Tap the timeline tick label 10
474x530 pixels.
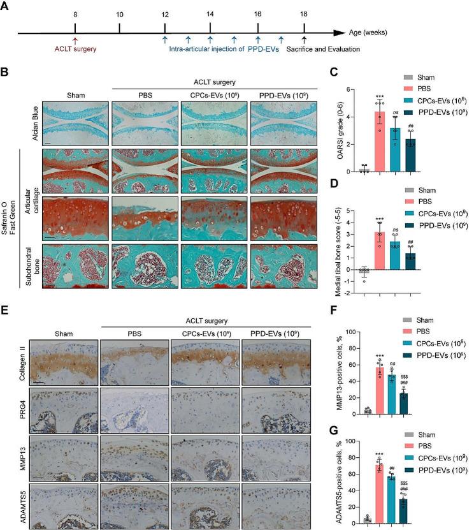click(120, 14)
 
